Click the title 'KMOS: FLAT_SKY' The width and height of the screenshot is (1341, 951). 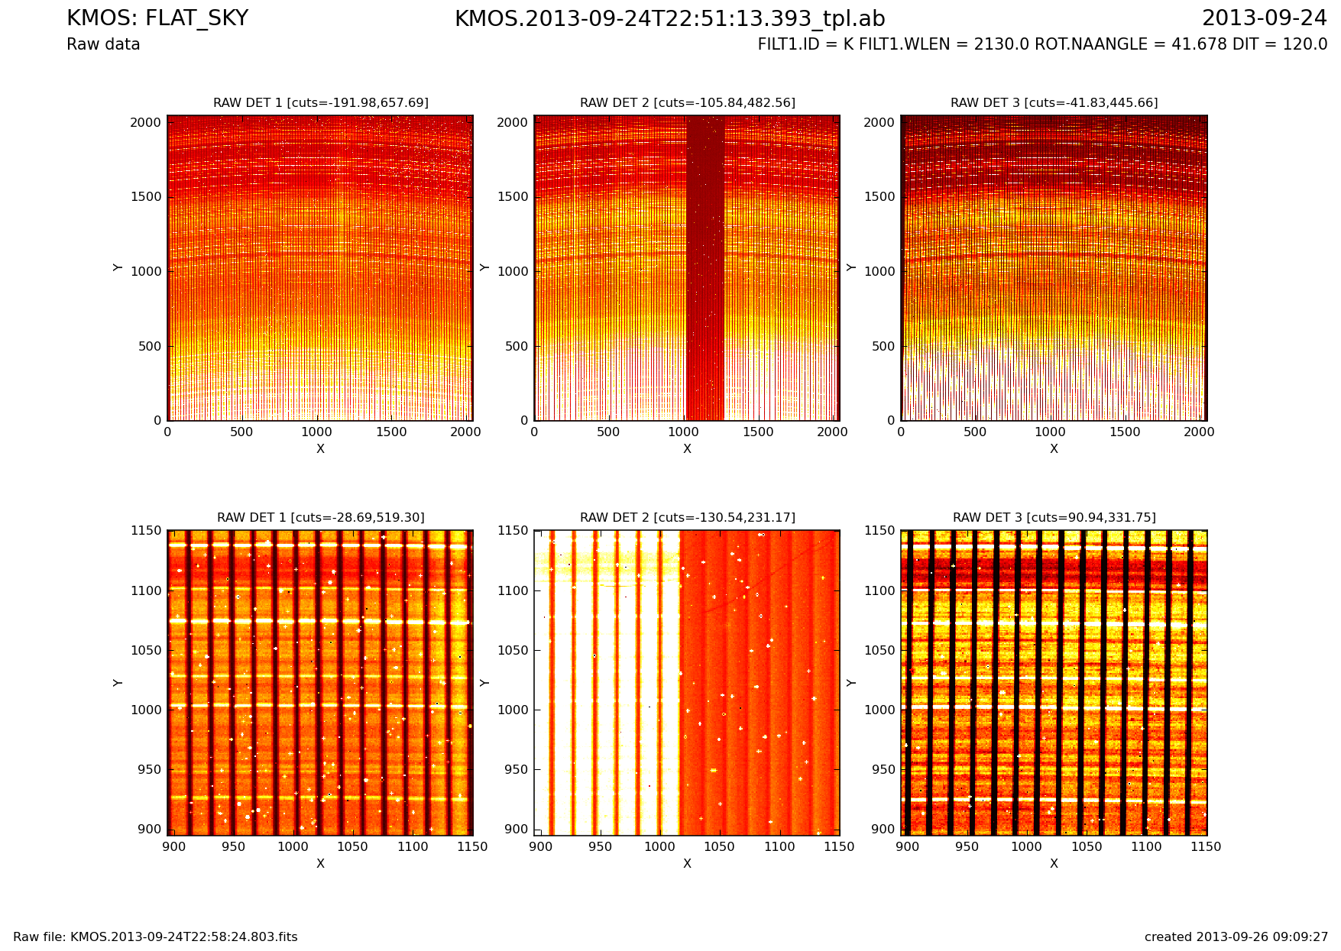(x=157, y=18)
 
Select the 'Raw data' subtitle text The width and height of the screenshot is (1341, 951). (x=103, y=44)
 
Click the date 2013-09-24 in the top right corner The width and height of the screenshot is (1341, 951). (x=1264, y=18)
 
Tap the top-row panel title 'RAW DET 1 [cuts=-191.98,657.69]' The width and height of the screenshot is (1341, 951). (x=320, y=102)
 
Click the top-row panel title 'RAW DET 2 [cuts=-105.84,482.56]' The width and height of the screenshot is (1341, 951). (x=687, y=102)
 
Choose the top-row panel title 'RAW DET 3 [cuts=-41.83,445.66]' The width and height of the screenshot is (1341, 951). (x=1054, y=102)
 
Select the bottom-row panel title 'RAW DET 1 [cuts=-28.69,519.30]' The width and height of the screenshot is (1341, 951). (x=320, y=517)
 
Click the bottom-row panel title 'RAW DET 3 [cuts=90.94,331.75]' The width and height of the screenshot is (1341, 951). (x=1054, y=517)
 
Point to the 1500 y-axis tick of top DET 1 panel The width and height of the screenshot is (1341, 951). (x=146, y=197)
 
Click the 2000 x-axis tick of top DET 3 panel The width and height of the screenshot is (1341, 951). (x=1199, y=432)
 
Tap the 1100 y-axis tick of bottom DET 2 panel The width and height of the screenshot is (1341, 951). (x=513, y=590)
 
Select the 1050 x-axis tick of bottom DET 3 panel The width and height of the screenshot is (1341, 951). (x=1087, y=846)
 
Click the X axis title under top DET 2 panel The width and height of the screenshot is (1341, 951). (x=687, y=449)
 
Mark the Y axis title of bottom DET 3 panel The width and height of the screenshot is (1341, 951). (x=851, y=682)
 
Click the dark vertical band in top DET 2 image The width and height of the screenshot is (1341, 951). (x=705, y=267)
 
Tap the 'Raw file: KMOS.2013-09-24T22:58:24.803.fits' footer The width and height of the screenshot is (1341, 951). (x=155, y=937)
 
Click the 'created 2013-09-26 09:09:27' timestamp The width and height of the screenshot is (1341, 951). (x=1236, y=937)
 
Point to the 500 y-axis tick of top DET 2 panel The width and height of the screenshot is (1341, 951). (x=518, y=346)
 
